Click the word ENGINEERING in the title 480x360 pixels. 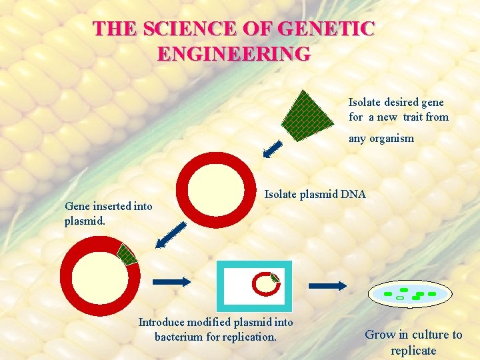tap(234, 53)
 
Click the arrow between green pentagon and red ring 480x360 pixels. tap(272, 149)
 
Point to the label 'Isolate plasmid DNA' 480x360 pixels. tap(315, 195)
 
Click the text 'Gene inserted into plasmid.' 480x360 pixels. tap(108, 213)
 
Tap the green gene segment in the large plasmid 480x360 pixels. tap(127, 254)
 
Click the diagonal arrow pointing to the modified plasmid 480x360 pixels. tap(171, 233)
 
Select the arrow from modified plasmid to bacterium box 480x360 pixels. tap(172, 281)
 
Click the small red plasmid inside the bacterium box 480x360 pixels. tap(265, 283)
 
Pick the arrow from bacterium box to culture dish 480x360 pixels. tap(327, 285)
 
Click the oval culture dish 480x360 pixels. tap(410, 294)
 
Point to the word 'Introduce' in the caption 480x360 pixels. tap(161, 323)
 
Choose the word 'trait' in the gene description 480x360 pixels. tap(410, 117)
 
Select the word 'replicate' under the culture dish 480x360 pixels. tap(413, 350)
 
